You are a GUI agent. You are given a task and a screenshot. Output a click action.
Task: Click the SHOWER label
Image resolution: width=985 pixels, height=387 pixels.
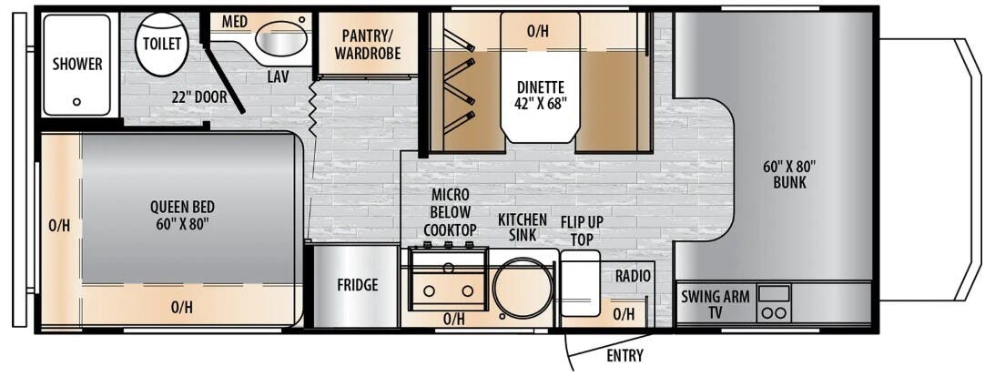77,64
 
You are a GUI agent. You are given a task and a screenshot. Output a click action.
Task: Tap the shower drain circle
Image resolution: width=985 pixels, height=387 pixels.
76,102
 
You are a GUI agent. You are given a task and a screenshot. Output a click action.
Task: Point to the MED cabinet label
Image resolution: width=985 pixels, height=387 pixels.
234,22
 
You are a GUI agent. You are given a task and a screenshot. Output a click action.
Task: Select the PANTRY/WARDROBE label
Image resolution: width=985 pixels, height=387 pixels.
368,44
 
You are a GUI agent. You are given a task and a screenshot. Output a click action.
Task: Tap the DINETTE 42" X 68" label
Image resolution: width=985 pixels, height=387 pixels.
542,95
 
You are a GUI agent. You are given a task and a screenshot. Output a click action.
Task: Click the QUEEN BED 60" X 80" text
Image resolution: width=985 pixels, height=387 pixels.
183,215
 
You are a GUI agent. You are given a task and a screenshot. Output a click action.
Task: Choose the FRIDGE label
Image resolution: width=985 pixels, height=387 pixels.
357,285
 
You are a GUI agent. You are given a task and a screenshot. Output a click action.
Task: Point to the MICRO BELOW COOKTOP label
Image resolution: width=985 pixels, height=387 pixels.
450,212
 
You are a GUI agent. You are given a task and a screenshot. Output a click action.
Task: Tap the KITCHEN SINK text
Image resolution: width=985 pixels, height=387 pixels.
523,228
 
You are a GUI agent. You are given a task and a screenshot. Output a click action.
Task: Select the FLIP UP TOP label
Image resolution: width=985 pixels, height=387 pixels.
583,230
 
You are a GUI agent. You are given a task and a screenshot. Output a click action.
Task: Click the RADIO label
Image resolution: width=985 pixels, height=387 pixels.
631,276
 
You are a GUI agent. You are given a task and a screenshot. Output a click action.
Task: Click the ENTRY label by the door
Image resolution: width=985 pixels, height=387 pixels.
625,355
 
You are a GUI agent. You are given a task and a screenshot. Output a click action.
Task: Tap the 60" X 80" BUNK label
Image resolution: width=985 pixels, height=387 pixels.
789,174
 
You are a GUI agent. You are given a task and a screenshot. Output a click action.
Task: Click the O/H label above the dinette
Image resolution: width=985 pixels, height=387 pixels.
538,31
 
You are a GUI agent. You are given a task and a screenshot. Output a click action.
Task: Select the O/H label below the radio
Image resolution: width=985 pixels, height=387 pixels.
625,314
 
